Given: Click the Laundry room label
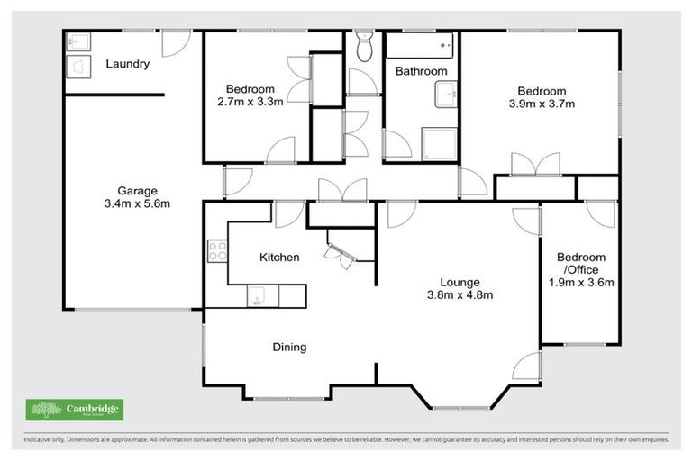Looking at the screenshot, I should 127,64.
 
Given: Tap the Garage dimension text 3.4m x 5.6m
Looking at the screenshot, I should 137,203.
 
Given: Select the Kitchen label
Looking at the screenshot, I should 278,258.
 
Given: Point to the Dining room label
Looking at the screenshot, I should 289,347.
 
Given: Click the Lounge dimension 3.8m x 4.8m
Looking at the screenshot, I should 459,294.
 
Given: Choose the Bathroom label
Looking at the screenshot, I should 421,71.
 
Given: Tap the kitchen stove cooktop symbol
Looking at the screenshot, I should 216,249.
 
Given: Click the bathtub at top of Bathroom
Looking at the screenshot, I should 421,43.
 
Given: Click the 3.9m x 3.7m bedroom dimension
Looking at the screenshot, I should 541,104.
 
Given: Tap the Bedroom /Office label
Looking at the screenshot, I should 580,263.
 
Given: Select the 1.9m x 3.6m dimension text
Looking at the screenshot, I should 580,283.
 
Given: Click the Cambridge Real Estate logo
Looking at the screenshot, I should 75,411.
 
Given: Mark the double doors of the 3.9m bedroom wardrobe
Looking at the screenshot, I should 534,165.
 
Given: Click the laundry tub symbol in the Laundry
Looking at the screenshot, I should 78,66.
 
